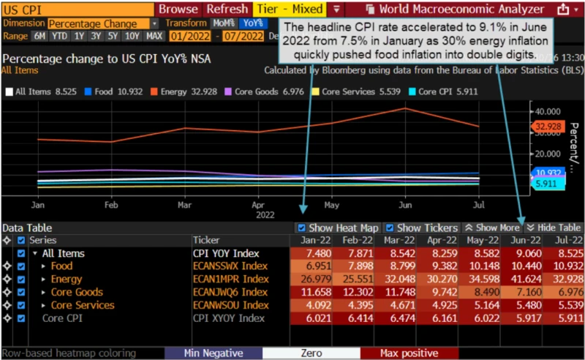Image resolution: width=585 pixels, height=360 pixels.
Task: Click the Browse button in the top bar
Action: point(178,10)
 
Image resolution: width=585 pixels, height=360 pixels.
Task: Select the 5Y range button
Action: point(113,36)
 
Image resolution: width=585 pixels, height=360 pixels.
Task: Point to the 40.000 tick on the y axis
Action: point(547,111)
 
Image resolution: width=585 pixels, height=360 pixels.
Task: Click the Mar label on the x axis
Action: point(184,206)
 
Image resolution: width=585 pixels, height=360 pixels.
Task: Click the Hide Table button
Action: point(554,228)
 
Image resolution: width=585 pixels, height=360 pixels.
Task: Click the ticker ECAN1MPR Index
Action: point(230,279)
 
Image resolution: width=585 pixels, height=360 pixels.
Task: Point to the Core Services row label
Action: point(83,305)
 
